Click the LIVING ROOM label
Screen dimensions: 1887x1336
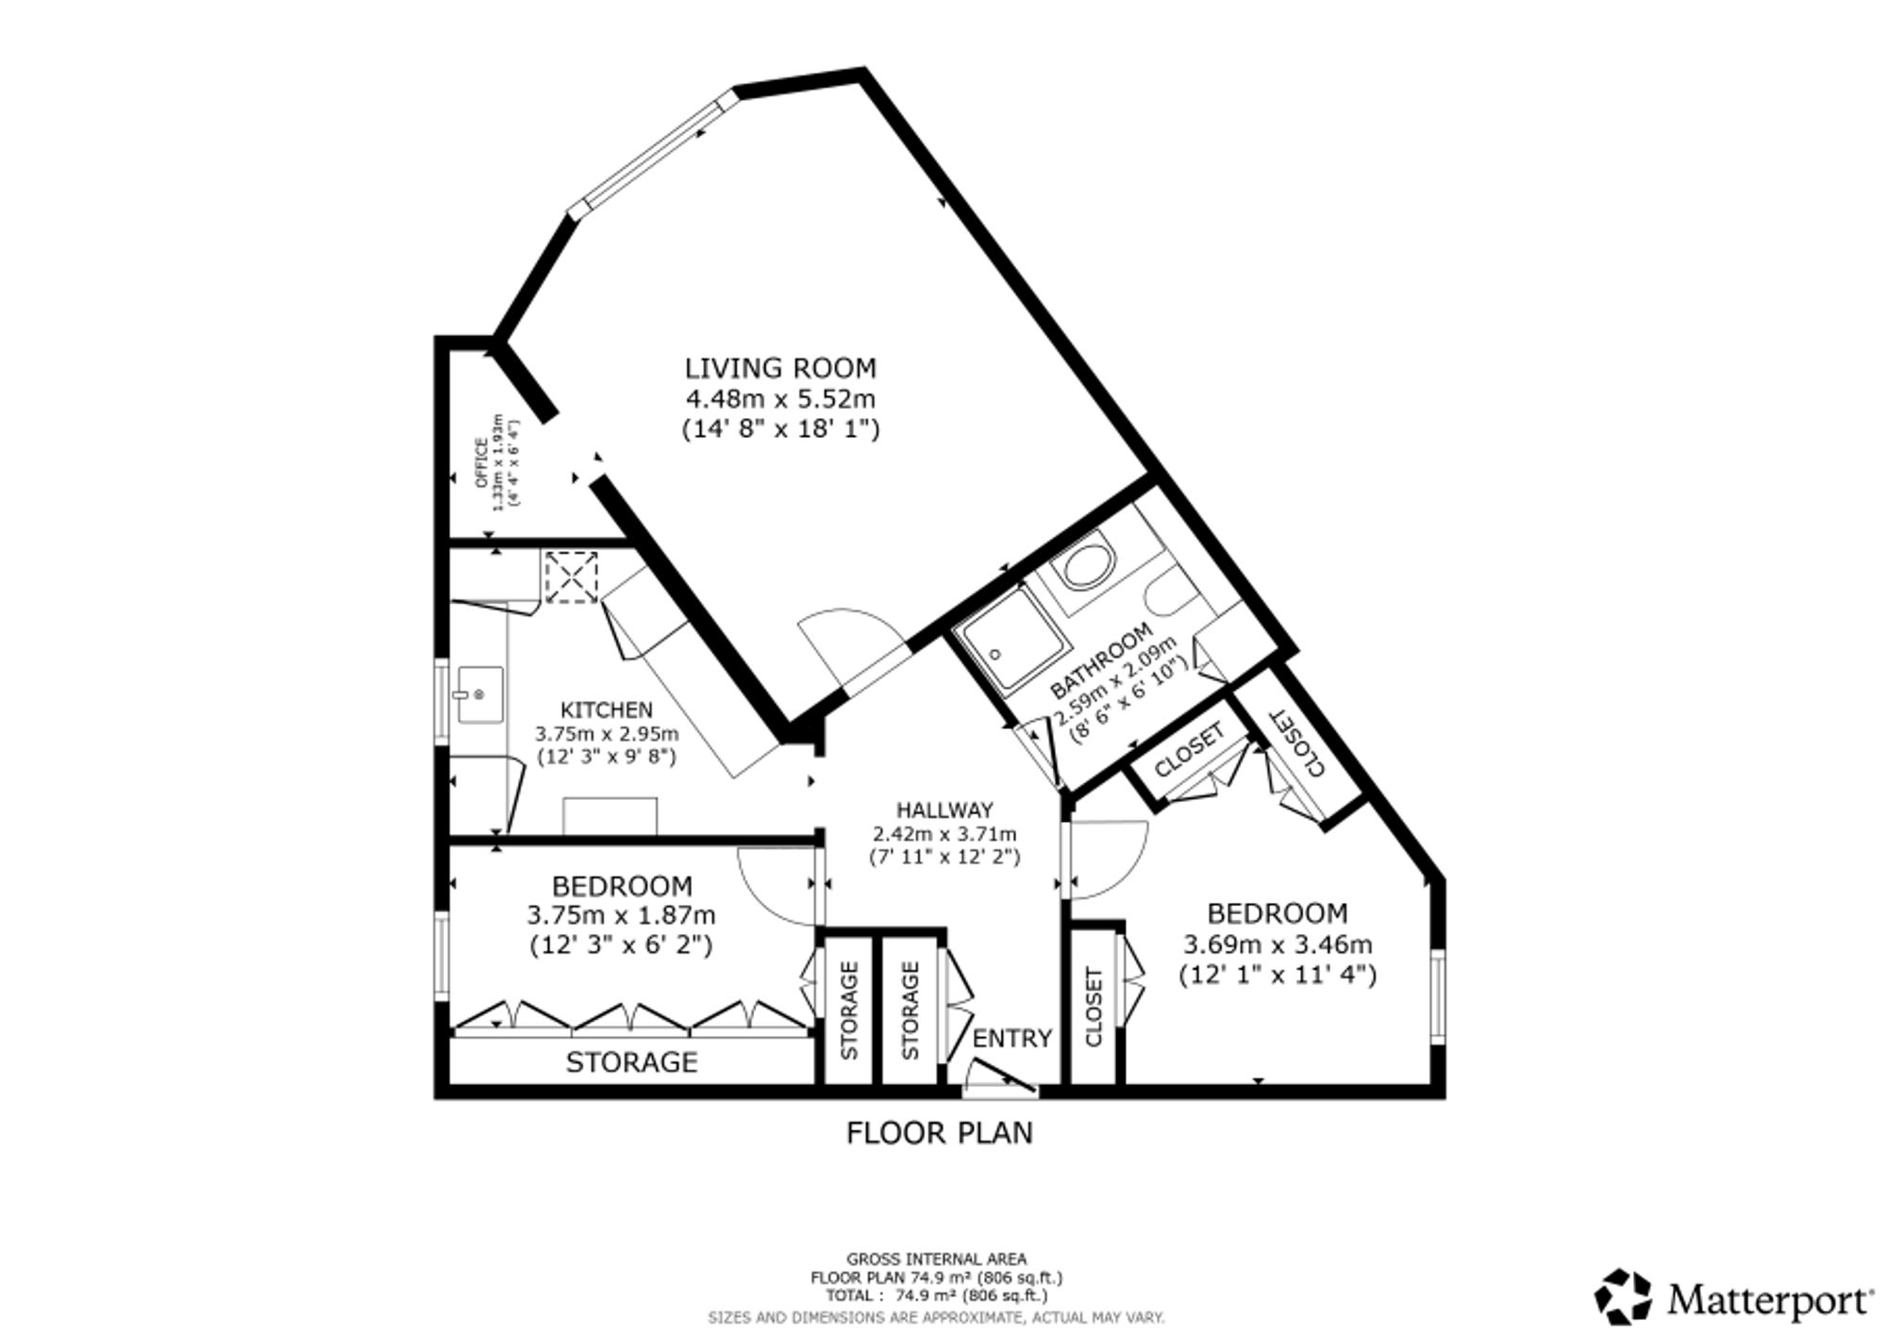click(x=780, y=368)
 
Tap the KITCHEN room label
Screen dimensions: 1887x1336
click(x=607, y=710)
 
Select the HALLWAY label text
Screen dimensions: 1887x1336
click(x=944, y=810)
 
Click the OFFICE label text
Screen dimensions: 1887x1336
click(x=481, y=462)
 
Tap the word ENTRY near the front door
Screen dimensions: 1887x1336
click(x=1012, y=1038)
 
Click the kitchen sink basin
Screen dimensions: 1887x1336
click(x=480, y=694)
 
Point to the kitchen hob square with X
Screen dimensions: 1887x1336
click(x=572, y=576)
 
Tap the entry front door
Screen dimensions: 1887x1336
click(x=1002, y=1077)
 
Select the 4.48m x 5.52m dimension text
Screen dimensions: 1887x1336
click(x=780, y=399)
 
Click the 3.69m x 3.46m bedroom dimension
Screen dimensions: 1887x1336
click(x=1277, y=944)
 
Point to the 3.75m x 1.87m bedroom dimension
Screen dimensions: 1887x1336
click(x=621, y=914)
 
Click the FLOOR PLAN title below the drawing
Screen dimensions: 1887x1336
click(x=940, y=1132)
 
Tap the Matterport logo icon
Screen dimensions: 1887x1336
click(x=1623, y=1295)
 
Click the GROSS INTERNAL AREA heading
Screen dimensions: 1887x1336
click(x=937, y=1259)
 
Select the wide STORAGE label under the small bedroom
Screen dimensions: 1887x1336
click(x=631, y=1062)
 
